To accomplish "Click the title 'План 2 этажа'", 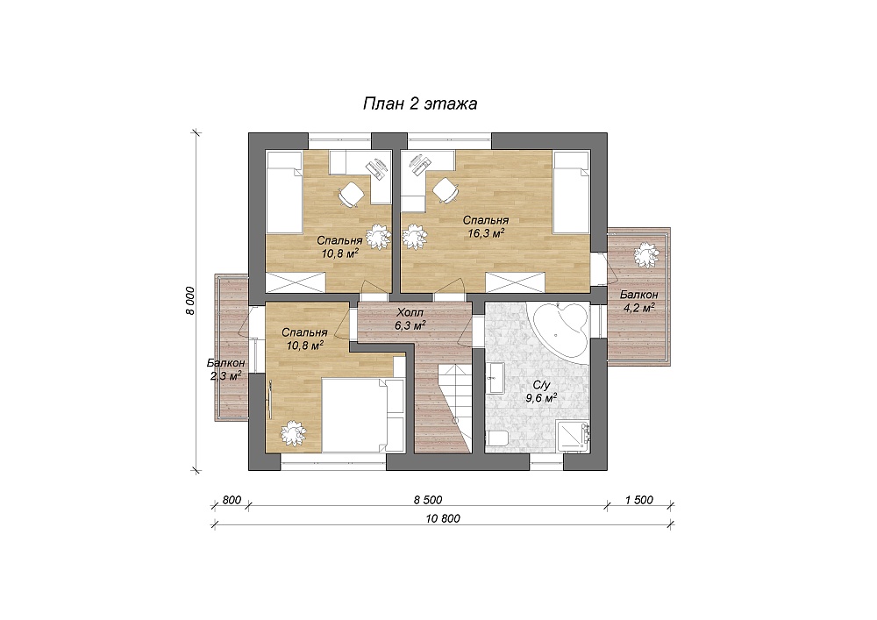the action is pos(420,104).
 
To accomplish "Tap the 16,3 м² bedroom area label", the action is pos(485,227).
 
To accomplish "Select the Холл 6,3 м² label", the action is pos(410,318).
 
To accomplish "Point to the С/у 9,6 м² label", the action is pos(540,392).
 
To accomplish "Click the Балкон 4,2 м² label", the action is pos(638,301).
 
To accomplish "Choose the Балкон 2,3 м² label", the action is pos(225,369).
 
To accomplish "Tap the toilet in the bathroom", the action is pos(496,439).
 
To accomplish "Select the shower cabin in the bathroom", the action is pos(574,437).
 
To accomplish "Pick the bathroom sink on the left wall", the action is pos(496,378).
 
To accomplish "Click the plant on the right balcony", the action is pos(645,255).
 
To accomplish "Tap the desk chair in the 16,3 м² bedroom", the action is pos(445,190).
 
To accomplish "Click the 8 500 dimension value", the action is pos(428,500).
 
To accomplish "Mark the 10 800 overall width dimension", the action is pos(443,519).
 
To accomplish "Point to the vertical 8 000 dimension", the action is pos(190,301).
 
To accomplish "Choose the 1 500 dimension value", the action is pos(639,500).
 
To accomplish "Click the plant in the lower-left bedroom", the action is pos(292,432).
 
